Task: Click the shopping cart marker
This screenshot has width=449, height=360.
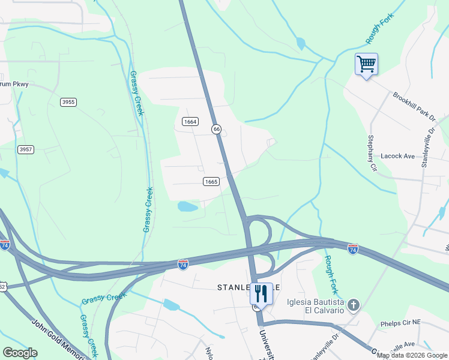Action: click(x=366, y=64)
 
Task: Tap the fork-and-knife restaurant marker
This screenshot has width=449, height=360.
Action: click(x=261, y=294)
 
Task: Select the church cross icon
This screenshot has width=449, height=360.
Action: click(x=354, y=305)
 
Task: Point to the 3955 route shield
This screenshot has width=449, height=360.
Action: click(x=68, y=102)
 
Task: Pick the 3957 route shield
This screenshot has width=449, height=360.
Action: click(x=25, y=149)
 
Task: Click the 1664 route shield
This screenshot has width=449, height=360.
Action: click(x=190, y=122)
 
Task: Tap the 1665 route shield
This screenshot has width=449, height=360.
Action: click(x=211, y=181)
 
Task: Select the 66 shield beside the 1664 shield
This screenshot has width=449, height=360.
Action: click(x=216, y=129)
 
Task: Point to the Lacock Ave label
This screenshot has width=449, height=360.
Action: click(x=398, y=156)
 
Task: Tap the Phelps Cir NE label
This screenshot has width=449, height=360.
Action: click(x=401, y=323)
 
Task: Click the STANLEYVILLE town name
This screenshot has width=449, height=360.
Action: click(x=240, y=288)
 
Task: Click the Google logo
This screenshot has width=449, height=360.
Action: click(x=20, y=353)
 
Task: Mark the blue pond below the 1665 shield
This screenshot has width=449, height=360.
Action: click(x=187, y=207)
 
